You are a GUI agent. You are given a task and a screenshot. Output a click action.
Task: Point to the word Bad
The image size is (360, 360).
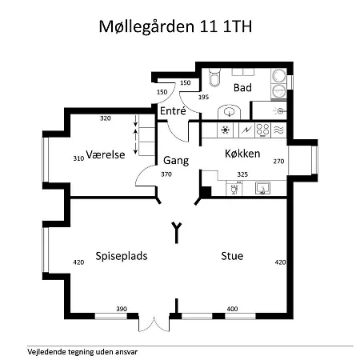pos(242,86)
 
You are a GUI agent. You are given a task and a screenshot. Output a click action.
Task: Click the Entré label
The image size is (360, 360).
pos(173,111)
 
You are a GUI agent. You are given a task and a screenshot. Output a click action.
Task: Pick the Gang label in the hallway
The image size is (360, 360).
pos(176,159)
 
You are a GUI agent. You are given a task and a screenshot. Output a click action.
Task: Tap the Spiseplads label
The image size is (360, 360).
pos(122,256)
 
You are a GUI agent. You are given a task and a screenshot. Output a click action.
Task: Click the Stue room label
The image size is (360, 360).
pos(233,256)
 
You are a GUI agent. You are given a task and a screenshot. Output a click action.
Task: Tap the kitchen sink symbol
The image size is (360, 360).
pos(262,188)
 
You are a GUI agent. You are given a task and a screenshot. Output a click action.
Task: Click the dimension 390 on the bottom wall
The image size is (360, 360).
pos(122,309)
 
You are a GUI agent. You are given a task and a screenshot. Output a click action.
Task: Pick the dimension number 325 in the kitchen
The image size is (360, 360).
pos(243,174)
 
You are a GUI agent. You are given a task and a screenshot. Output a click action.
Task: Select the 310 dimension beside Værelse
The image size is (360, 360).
pos(78,158)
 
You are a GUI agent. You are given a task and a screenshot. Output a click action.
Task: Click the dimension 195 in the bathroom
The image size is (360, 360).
pos(203,98)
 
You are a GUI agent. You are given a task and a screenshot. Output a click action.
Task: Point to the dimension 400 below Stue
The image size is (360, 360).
pos(232,309)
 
